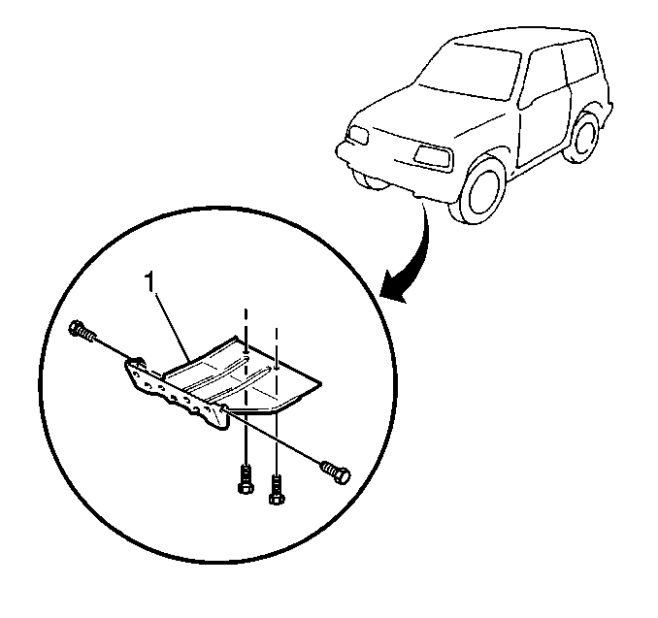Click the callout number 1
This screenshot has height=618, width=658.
pyautogui.click(x=149, y=281)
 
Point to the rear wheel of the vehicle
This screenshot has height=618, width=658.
pyautogui.click(x=583, y=137)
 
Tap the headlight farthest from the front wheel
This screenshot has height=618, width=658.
pyautogui.click(x=358, y=135)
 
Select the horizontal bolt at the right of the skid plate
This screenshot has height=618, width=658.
pyautogui.click(x=336, y=472)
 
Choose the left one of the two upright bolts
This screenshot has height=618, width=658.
pyautogui.click(x=245, y=479)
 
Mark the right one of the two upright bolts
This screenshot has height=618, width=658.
pyautogui.click(x=276, y=489)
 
